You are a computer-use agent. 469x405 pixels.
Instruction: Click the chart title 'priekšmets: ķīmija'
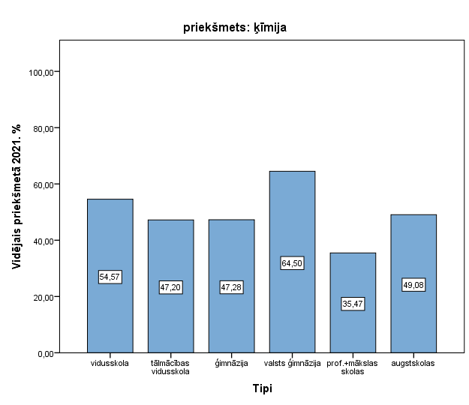235,28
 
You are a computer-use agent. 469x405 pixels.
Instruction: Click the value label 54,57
110,277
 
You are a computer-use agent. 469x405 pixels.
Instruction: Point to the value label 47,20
170,287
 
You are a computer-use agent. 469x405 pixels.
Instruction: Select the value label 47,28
231,287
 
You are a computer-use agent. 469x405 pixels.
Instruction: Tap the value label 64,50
292,263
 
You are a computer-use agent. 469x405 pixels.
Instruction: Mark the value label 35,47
353,304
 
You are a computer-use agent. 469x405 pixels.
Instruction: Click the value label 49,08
413,285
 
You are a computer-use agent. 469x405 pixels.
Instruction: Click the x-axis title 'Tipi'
262,388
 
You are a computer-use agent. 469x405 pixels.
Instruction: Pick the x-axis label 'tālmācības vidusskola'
170,367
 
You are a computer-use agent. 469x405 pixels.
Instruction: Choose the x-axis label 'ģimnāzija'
231,364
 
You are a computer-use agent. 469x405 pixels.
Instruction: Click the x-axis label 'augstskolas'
413,364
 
